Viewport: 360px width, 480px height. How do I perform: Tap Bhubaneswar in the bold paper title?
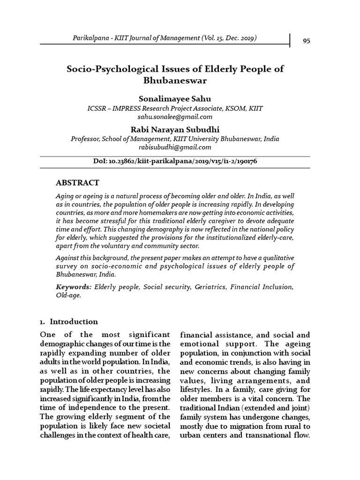click(175, 81)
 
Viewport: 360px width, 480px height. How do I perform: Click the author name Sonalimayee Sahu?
click(175, 99)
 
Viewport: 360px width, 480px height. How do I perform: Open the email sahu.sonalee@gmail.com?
click(175, 117)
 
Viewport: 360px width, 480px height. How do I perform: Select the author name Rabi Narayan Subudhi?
click(175, 129)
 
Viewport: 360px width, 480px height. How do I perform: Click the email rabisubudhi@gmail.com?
click(175, 147)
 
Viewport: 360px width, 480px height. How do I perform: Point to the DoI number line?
click(175, 161)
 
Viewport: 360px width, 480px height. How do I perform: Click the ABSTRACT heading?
click(77, 182)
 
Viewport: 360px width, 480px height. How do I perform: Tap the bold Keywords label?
click(73, 286)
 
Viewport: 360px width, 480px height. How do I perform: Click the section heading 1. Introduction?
click(69, 322)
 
